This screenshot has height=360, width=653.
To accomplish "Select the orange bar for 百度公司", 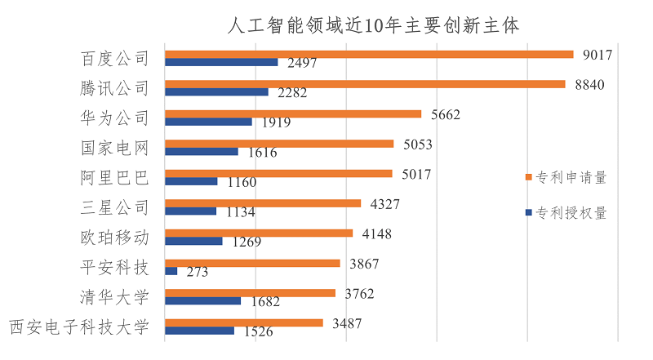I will [369, 55].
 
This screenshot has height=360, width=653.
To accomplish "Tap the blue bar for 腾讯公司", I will [216, 91].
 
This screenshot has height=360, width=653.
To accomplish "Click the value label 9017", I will [597, 55].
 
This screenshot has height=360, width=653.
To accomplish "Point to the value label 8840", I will [589, 84].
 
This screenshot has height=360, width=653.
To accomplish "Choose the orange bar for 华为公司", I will [293, 114].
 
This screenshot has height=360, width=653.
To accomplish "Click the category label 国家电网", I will [116, 148].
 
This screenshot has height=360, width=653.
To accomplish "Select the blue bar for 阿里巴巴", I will [191, 181].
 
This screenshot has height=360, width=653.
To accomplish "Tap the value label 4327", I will [384, 203].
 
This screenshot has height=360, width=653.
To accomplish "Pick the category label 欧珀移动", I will [116, 238].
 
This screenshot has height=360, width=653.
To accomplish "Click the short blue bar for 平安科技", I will [171, 270].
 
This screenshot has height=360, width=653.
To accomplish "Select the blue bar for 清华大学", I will [202, 300].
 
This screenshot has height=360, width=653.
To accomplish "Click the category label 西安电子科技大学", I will [80, 327].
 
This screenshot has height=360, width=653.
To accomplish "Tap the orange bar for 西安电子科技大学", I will [244, 323].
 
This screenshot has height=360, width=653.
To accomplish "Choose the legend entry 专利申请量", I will [571, 176].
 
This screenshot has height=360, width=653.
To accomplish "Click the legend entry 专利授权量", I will [571, 213].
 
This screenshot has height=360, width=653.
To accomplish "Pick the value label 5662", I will [444, 114].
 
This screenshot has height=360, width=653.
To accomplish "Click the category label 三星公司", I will [116, 207].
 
